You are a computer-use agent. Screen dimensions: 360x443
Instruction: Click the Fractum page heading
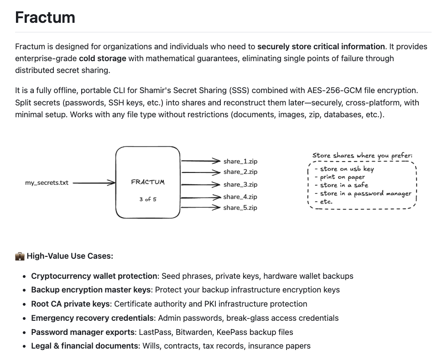[45, 17]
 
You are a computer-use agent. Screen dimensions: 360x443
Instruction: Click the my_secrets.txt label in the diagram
[47, 183]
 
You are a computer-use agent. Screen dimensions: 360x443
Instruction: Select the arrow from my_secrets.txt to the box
[94, 183]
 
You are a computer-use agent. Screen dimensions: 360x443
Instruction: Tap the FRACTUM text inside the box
[148, 182]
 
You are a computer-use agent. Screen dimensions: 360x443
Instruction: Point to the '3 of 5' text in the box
[148, 199]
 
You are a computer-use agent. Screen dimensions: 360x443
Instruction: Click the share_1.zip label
[240, 162]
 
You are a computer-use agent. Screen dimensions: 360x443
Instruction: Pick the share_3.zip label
[240, 185]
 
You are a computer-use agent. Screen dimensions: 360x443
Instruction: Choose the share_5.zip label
[240, 208]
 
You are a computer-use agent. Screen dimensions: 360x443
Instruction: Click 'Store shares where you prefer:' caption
[362, 156]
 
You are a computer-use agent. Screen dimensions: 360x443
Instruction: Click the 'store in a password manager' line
[365, 193]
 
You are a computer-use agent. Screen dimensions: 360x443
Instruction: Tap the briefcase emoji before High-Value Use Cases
[20, 256]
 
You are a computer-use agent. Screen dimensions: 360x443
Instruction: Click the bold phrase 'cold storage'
[102, 58]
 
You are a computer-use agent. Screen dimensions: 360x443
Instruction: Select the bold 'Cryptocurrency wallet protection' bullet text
[94, 276]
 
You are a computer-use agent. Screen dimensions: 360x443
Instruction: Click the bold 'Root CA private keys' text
[70, 304]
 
